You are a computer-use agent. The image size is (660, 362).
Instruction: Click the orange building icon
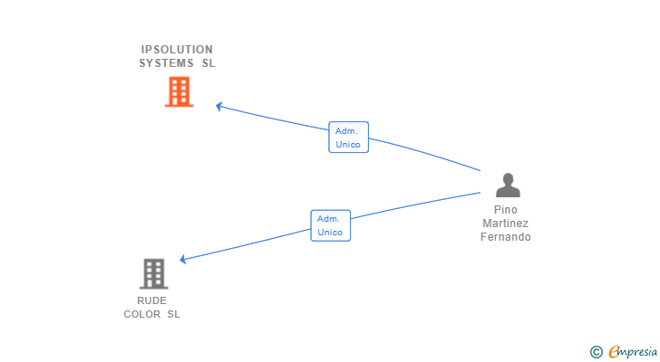click(179, 91)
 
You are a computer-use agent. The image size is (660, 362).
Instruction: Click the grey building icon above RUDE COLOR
click(153, 274)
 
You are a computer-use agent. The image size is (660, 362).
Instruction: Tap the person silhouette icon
click(508, 186)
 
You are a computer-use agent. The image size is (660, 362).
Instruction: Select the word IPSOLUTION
click(177, 50)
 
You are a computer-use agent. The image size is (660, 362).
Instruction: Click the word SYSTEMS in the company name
click(166, 63)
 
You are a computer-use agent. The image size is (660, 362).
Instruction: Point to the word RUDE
click(151, 300)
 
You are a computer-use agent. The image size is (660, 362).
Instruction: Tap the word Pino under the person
click(506, 210)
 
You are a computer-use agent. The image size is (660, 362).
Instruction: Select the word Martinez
click(506, 223)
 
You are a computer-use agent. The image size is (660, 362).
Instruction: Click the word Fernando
click(506, 237)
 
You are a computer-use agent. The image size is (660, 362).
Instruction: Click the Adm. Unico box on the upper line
click(348, 138)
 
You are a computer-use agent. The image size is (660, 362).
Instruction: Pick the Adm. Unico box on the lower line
click(330, 225)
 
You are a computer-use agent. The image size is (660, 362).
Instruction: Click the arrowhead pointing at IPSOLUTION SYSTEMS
click(218, 106)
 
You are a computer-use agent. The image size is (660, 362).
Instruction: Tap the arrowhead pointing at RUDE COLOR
click(183, 259)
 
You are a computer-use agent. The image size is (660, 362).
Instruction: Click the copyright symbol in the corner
click(596, 352)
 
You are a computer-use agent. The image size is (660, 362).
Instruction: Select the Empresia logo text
click(633, 352)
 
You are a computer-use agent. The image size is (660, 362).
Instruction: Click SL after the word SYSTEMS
click(209, 63)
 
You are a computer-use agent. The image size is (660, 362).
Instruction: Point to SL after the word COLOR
click(173, 314)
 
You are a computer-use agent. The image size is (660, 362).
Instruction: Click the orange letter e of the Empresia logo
click(614, 351)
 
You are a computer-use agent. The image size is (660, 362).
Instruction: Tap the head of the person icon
click(508, 178)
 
